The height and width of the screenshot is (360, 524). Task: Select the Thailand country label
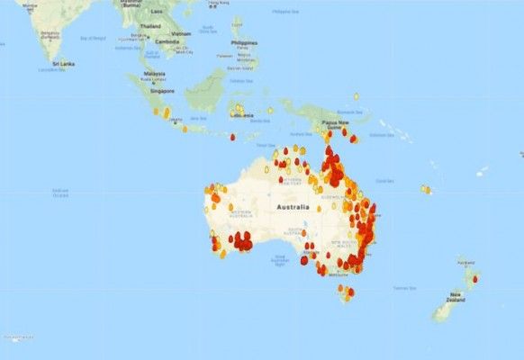click(x=150, y=26)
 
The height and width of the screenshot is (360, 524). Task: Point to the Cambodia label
click(x=167, y=41)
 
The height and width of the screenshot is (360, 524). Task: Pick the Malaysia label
click(x=154, y=74)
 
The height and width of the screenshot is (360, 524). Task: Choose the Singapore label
click(x=162, y=91)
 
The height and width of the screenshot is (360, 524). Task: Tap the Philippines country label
click(x=243, y=42)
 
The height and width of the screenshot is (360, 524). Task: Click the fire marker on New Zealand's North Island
click(x=475, y=279)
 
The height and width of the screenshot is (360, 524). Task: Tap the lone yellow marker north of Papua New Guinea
click(x=357, y=95)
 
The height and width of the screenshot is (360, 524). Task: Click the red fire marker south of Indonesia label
click(x=232, y=137)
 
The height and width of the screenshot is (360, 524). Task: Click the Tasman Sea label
click(x=402, y=288)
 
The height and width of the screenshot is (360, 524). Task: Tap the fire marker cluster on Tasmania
click(x=346, y=291)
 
